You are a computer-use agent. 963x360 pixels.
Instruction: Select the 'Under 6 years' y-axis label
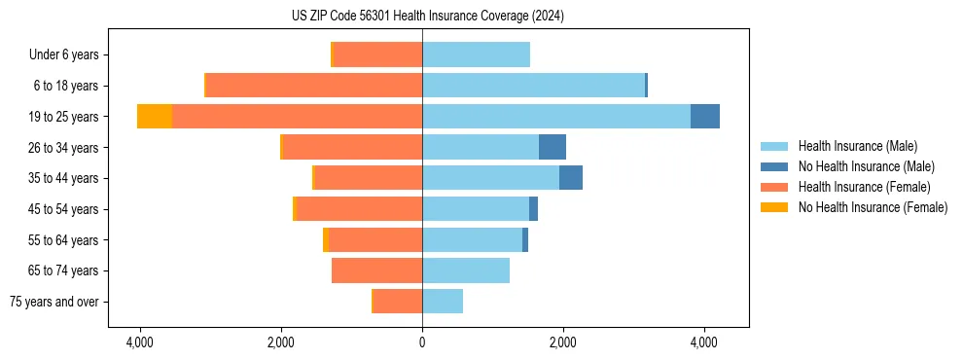(x=64, y=54)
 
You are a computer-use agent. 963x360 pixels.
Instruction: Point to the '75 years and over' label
(x=54, y=302)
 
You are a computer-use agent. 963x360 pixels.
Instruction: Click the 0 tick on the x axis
(x=422, y=342)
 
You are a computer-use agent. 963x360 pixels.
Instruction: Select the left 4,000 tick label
(x=140, y=342)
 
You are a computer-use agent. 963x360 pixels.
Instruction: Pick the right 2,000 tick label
(x=563, y=342)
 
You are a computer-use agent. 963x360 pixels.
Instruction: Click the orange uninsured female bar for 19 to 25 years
(x=155, y=117)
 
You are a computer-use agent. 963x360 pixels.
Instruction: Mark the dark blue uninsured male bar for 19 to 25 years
(x=705, y=117)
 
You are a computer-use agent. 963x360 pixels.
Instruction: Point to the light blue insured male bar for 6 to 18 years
(x=533, y=86)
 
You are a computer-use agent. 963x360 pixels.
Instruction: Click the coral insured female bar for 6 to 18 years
(x=314, y=86)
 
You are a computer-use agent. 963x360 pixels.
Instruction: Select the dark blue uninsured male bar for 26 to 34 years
(x=553, y=147)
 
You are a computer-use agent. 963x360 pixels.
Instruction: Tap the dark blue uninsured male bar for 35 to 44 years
(x=571, y=178)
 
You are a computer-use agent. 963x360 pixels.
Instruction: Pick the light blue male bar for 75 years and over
(x=443, y=302)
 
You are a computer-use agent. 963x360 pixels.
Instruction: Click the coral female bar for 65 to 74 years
(x=376, y=270)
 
